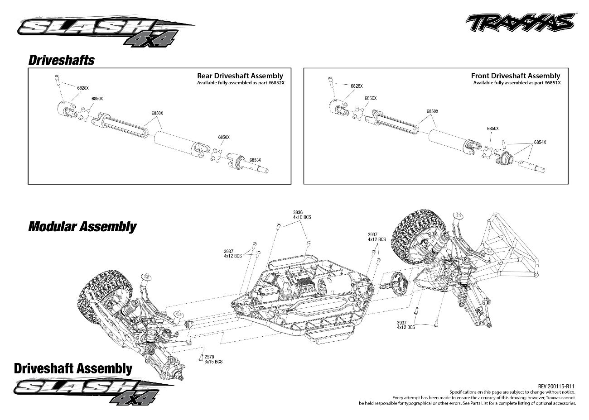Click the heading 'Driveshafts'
(x=61, y=60)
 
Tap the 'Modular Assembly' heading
(x=82, y=226)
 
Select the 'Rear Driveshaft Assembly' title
(x=240, y=76)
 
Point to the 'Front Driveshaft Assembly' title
(x=515, y=76)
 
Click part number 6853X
(x=255, y=160)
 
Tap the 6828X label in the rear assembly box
(x=83, y=88)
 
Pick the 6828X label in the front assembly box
(x=357, y=86)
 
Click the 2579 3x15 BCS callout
(x=213, y=359)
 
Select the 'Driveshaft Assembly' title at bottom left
(x=73, y=368)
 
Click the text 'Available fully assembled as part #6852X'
(x=243, y=83)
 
